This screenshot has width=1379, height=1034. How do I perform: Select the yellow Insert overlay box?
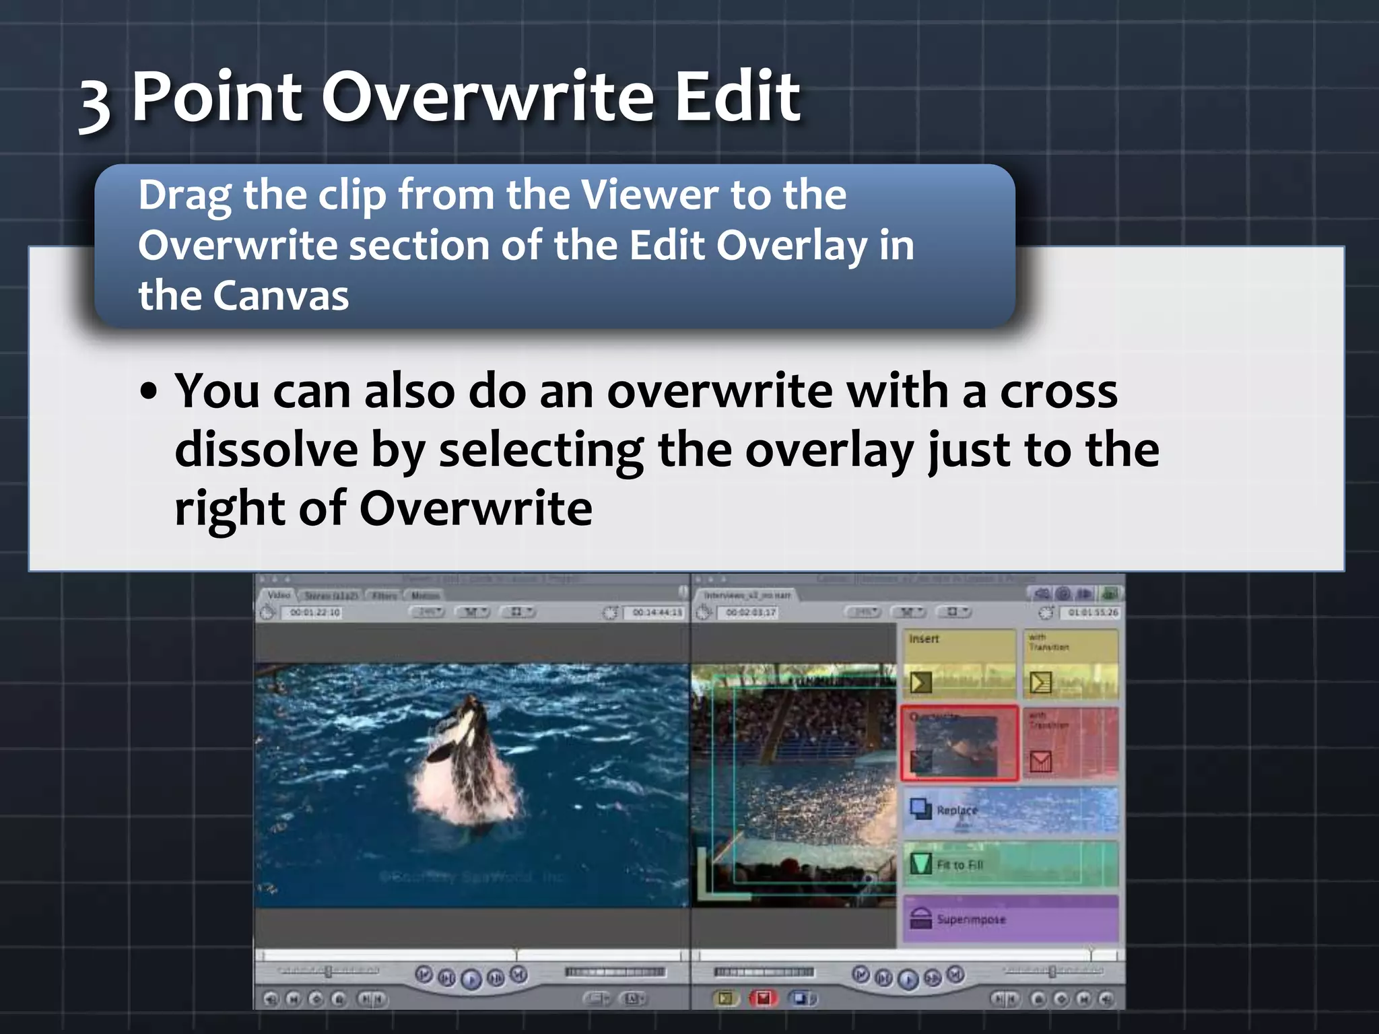[959, 663]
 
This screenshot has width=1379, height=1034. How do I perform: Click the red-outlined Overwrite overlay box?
[959, 743]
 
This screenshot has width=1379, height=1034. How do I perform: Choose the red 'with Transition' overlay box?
[1070, 743]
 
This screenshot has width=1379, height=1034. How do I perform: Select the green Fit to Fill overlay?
[1010, 864]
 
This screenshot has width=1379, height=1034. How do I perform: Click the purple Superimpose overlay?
[1010, 919]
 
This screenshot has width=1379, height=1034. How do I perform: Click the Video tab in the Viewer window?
[278, 595]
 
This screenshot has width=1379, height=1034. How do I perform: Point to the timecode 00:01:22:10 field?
[314, 613]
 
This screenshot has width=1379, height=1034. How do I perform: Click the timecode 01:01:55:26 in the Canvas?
[1093, 613]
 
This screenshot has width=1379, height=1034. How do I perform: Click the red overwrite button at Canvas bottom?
[763, 998]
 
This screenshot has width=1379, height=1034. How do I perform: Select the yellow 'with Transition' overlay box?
[1070, 663]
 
